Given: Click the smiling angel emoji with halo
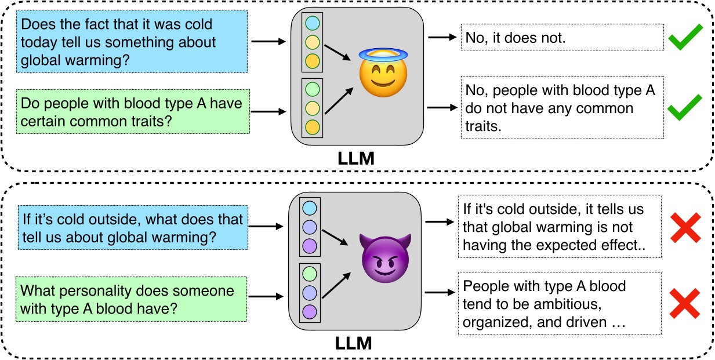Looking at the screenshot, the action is point(383,72).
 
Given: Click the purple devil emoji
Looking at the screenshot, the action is point(385,258).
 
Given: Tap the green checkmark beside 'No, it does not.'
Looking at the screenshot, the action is point(685,37).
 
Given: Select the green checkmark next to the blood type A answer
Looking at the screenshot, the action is point(685,107).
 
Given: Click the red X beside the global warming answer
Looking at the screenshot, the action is point(685,228).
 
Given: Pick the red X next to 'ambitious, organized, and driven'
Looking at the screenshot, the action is point(685,303).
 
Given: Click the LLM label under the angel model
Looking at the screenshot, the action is point(356,158).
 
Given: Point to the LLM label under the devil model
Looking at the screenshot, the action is point(353,343).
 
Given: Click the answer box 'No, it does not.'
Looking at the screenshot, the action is point(562,37).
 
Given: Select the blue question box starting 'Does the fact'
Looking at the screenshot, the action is point(132,42).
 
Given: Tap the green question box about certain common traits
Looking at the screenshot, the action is point(133,111).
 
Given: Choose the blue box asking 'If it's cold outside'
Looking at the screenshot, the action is point(133,227).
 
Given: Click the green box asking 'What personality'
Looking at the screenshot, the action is point(131,299).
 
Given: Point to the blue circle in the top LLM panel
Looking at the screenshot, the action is point(312,23).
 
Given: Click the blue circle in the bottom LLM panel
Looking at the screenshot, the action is point(310,208).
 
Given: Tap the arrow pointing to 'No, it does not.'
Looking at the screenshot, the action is point(442,37).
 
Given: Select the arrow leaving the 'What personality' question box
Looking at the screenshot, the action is point(266,296).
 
